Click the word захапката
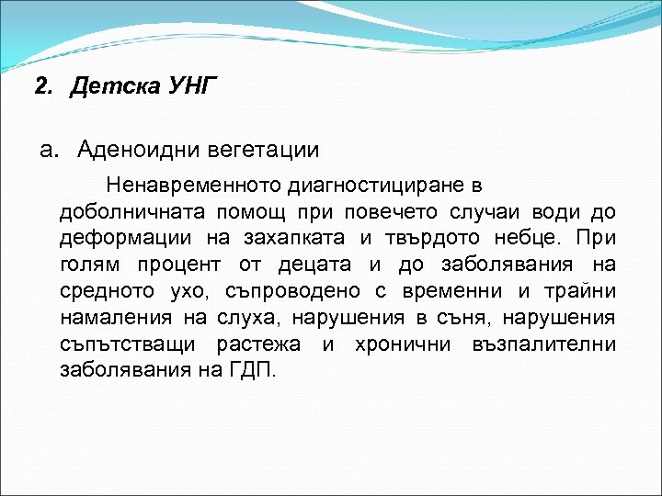click(294, 239)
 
